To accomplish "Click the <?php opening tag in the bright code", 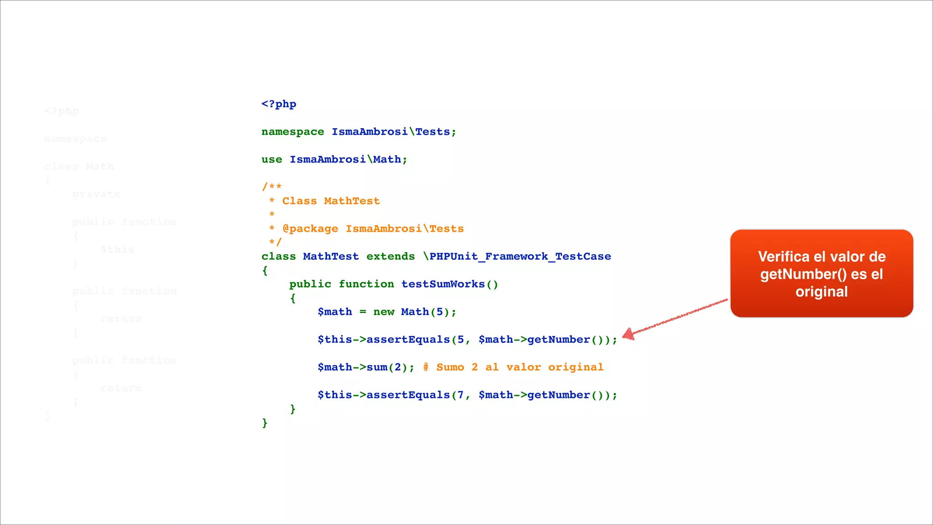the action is click(x=279, y=104).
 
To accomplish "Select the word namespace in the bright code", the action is click(x=292, y=132).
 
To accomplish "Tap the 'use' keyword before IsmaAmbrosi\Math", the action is click(x=272, y=160).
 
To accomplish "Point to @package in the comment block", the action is click(x=310, y=229).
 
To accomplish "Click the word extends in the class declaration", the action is click(x=390, y=257).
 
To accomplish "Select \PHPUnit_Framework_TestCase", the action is click(x=517, y=257).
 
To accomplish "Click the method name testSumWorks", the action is click(x=443, y=284).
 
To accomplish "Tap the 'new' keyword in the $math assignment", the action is click(x=384, y=312).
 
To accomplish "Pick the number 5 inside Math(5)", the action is click(x=440, y=312).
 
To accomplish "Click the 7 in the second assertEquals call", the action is click(x=461, y=395).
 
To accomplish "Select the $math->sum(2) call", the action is click(x=366, y=367).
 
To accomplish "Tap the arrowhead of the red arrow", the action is click(x=628, y=335).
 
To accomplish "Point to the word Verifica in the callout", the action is click(x=784, y=257).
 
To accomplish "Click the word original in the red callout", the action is click(x=821, y=292).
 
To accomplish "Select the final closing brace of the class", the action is click(x=265, y=423).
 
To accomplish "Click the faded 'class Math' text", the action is click(x=79, y=167).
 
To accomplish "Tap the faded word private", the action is click(x=97, y=195).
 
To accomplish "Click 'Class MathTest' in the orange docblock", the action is click(x=331, y=201).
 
